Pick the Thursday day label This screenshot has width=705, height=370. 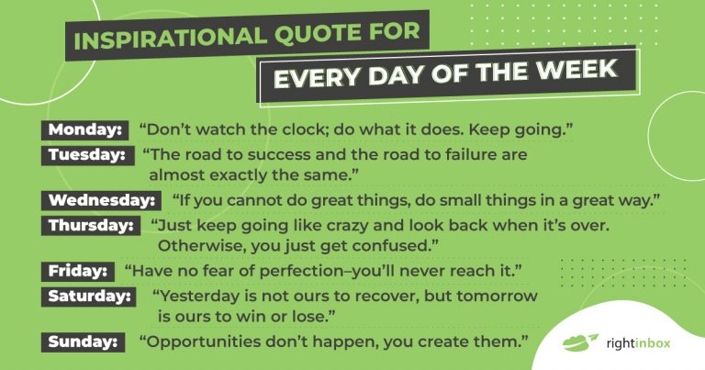(89, 224)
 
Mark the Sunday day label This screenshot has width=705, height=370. (82, 342)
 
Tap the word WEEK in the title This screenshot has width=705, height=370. (583, 71)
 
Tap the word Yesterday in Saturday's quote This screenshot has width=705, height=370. (196, 296)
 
